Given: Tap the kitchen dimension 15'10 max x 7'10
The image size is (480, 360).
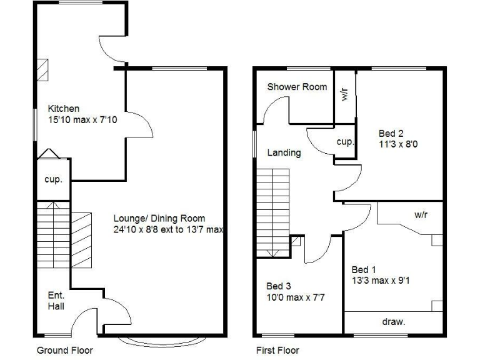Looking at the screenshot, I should click(82, 119).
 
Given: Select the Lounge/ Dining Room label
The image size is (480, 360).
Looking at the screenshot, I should click(159, 219).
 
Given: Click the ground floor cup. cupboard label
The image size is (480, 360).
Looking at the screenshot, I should click(53, 179).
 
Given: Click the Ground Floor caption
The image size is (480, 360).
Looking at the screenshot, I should click(65, 350).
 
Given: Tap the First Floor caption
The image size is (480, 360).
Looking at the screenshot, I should click(277, 350).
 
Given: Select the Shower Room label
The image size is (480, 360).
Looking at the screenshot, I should click(297, 87).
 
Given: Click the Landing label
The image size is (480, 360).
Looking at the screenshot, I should click(284, 152).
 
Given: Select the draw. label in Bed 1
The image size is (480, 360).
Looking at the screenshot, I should click(394, 322).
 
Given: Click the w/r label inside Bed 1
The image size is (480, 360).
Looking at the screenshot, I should click(421, 214).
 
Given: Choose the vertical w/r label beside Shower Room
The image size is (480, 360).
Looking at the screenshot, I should click(344, 95).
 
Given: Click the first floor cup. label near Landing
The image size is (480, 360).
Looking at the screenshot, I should click(345, 142).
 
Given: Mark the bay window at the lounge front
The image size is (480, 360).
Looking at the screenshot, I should click(161, 340).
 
